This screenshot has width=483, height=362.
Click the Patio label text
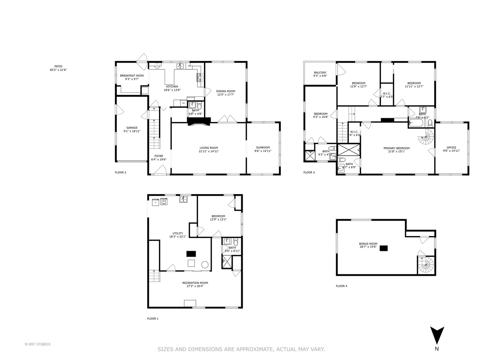(x=58, y=66)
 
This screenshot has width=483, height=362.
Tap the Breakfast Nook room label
(x=132, y=76)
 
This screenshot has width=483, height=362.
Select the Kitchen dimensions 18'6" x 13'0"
(x=172, y=90)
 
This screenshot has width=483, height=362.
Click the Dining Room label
(x=225, y=91)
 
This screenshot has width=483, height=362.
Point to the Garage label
(x=132, y=128)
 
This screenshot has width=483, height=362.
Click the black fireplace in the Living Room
(x=199, y=121)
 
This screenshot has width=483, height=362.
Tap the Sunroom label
(x=263, y=147)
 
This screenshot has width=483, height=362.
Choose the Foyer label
(x=159, y=156)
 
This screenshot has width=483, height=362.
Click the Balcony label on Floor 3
(x=320, y=73)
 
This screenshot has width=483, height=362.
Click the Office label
(x=451, y=147)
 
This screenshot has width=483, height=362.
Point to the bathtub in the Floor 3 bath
(x=417, y=123)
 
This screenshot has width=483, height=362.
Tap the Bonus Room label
(x=368, y=244)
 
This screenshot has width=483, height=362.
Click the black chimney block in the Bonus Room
(x=384, y=248)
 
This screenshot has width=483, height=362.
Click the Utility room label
(x=178, y=233)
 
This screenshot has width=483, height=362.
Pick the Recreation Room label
(x=195, y=283)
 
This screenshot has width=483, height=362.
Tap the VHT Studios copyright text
(x=38, y=344)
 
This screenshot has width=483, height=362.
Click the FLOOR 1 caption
(x=153, y=319)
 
